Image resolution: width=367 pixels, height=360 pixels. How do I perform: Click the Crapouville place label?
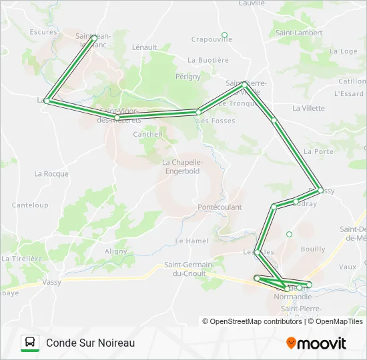tap(212, 39)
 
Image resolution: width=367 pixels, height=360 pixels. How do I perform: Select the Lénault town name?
tap(144, 47)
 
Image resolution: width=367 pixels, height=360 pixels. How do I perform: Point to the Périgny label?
tap(188, 77)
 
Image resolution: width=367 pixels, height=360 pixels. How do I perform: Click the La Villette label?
tap(308, 108)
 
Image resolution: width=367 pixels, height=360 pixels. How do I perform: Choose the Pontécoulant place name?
tap(220, 207)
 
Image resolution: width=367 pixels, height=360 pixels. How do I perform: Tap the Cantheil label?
tap(148, 134)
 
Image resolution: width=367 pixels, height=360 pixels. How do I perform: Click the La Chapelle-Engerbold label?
tap(182, 166)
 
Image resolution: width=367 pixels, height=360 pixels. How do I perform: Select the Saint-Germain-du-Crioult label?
tap(189, 269)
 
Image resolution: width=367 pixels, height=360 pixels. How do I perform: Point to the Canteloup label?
tap(30, 205)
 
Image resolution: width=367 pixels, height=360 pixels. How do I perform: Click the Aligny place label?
tap(115, 251)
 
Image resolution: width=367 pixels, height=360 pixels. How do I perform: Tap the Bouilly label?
tap(313, 249)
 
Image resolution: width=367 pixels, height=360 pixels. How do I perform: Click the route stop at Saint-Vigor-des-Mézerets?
tap(117, 117)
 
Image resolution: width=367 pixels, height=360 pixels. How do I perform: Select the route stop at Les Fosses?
tap(199, 112)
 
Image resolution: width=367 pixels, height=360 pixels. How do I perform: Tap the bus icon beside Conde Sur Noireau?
tap(30, 343)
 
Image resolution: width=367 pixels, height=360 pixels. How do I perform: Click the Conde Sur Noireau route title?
tap(91, 343)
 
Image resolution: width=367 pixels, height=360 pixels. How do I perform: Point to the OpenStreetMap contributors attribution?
tap(252, 321)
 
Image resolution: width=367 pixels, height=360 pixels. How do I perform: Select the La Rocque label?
tap(51, 174)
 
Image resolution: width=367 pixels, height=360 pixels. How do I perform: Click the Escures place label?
tap(43, 31)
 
